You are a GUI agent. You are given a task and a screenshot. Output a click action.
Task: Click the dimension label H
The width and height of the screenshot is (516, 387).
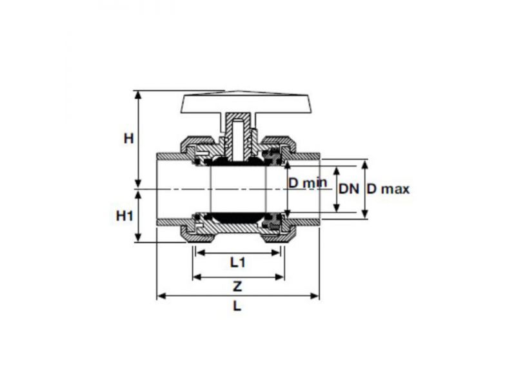128,138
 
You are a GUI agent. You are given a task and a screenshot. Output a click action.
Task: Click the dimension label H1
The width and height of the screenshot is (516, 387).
124,216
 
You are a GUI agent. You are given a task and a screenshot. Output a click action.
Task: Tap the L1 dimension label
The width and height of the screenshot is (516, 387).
237,263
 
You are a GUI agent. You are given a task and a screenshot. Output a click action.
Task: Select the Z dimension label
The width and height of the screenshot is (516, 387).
237,286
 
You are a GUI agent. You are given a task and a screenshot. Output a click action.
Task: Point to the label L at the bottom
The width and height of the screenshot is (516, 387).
237,306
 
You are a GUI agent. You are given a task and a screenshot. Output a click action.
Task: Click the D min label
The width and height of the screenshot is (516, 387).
308,183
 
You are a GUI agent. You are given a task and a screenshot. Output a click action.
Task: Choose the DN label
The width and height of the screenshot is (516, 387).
349,189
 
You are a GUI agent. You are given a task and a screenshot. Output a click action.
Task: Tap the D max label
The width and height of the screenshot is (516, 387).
388,189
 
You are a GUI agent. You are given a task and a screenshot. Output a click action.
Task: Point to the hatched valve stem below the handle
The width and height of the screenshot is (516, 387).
238,137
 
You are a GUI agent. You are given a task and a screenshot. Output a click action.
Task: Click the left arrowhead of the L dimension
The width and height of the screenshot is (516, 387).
161,296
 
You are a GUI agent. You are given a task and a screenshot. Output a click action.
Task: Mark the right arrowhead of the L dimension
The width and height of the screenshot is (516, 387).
315,296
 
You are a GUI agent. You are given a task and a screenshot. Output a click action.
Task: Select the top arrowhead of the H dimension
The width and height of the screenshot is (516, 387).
139,95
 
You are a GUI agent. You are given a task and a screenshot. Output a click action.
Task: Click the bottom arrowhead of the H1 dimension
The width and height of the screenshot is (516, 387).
139,237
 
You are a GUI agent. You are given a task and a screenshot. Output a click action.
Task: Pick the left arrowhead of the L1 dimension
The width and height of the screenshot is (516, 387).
200,253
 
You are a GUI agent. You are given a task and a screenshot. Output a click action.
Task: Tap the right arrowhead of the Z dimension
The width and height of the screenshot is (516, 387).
280,277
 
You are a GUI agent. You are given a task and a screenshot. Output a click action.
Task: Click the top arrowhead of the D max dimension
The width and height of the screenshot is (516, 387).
365,164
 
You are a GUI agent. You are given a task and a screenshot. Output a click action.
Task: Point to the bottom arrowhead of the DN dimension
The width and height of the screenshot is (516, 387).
336,208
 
